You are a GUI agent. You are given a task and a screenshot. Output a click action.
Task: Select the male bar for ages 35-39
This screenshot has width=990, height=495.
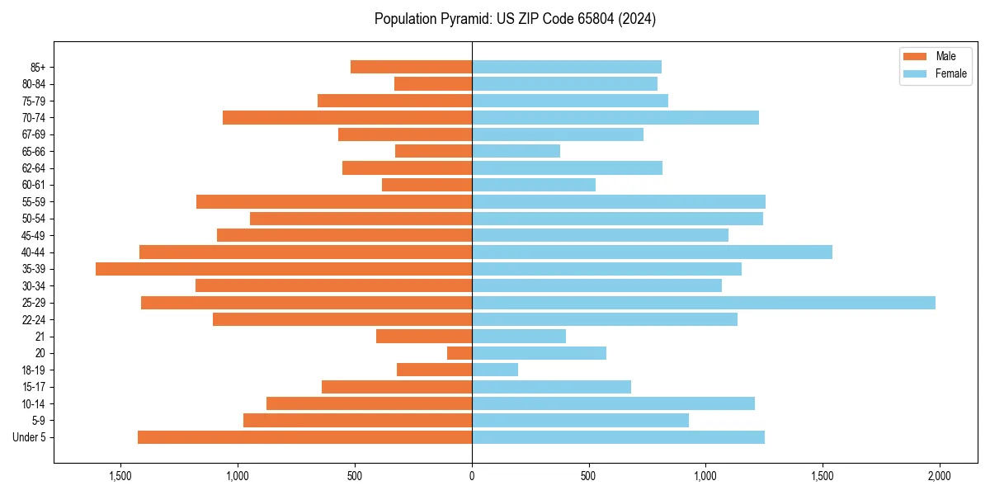[284, 269]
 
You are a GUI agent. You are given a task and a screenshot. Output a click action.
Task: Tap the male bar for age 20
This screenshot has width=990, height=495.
[460, 353]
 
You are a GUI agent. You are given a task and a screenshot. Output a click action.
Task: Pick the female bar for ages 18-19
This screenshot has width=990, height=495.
[495, 370]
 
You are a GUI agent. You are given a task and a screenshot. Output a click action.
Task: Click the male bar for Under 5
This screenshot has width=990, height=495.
[304, 437]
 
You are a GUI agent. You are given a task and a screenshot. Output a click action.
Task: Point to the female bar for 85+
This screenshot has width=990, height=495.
[567, 67]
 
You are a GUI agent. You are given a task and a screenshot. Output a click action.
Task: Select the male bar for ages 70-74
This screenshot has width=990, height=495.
[347, 117]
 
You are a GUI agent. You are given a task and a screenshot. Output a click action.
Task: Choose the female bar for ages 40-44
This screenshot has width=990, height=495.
[652, 252]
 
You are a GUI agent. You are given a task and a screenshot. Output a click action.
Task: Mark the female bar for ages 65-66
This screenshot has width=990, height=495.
[516, 151]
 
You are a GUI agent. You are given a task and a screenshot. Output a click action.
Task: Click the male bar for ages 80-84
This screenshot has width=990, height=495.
[433, 83]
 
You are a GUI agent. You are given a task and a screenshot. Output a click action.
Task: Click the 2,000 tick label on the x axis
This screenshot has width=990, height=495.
[939, 477]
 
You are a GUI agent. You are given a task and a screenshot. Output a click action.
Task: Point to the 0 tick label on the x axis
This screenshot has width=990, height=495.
[472, 477]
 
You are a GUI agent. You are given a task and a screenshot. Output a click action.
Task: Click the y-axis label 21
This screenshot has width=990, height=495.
[40, 337]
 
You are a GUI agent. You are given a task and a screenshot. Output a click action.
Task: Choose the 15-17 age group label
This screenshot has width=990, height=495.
[34, 387]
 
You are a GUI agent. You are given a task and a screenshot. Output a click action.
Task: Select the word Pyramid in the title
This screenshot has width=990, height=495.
[467, 19]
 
